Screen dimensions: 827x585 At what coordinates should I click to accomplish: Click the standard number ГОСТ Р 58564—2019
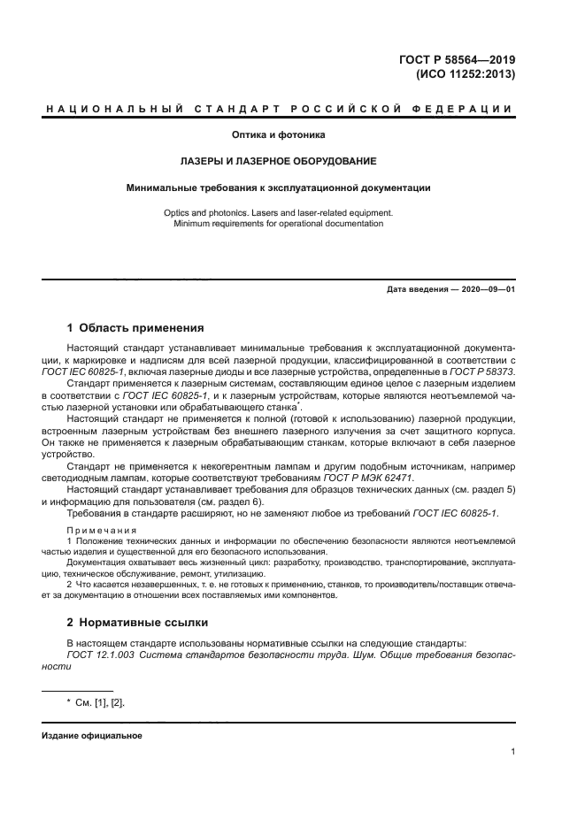tap(457, 60)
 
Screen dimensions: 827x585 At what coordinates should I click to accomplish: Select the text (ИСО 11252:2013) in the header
tap(465, 75)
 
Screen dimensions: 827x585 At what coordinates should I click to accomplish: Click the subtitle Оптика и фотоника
tap(279, 135)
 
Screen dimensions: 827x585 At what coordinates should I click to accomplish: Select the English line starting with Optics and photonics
tap(279, 213)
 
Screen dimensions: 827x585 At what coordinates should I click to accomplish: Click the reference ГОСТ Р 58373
tap(483, 372)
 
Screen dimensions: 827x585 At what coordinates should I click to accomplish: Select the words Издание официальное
tap(91, 736)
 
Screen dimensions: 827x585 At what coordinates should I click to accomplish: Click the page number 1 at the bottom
tap(512, 752)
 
